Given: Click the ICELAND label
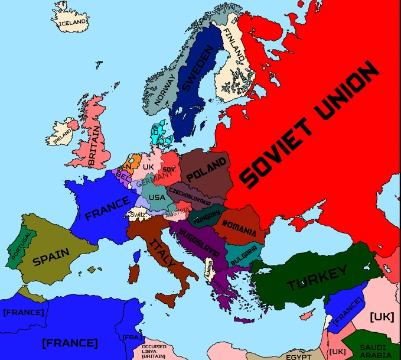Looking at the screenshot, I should pos(73,22).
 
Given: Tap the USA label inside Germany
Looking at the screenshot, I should pos(157,197).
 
